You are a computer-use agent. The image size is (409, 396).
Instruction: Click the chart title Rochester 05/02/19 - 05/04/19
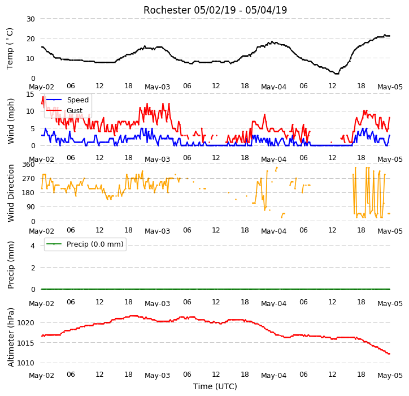click(215, 10)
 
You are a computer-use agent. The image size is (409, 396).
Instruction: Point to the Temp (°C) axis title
click(10, 49)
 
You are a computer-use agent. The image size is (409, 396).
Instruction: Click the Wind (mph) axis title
click(10, 121)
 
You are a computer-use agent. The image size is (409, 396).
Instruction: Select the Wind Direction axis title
click(10, 193)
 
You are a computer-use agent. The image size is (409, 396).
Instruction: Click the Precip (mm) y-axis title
click(10, 265)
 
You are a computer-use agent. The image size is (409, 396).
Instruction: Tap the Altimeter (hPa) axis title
click(10, 338)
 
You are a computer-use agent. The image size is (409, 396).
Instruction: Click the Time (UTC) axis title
click(215, 386)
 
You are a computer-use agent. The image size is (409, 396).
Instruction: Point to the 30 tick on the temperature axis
click(31, 19)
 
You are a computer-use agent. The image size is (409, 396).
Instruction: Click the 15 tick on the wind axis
click(31, 94)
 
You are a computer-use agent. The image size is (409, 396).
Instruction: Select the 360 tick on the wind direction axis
click(28, 165)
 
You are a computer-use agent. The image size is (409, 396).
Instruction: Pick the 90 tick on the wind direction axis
click(31, 207)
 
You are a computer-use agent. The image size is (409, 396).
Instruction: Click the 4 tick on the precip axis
click(33, 246)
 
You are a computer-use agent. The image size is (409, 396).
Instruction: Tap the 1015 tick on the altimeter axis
click(26, 343)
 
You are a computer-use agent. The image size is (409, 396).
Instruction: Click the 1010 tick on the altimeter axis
click(26, 363)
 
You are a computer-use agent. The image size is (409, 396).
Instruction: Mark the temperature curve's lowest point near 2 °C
click(337, 74)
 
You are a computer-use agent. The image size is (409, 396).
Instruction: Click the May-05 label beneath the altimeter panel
click(390, 376)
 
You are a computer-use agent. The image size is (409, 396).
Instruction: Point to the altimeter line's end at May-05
click(389, 354)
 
